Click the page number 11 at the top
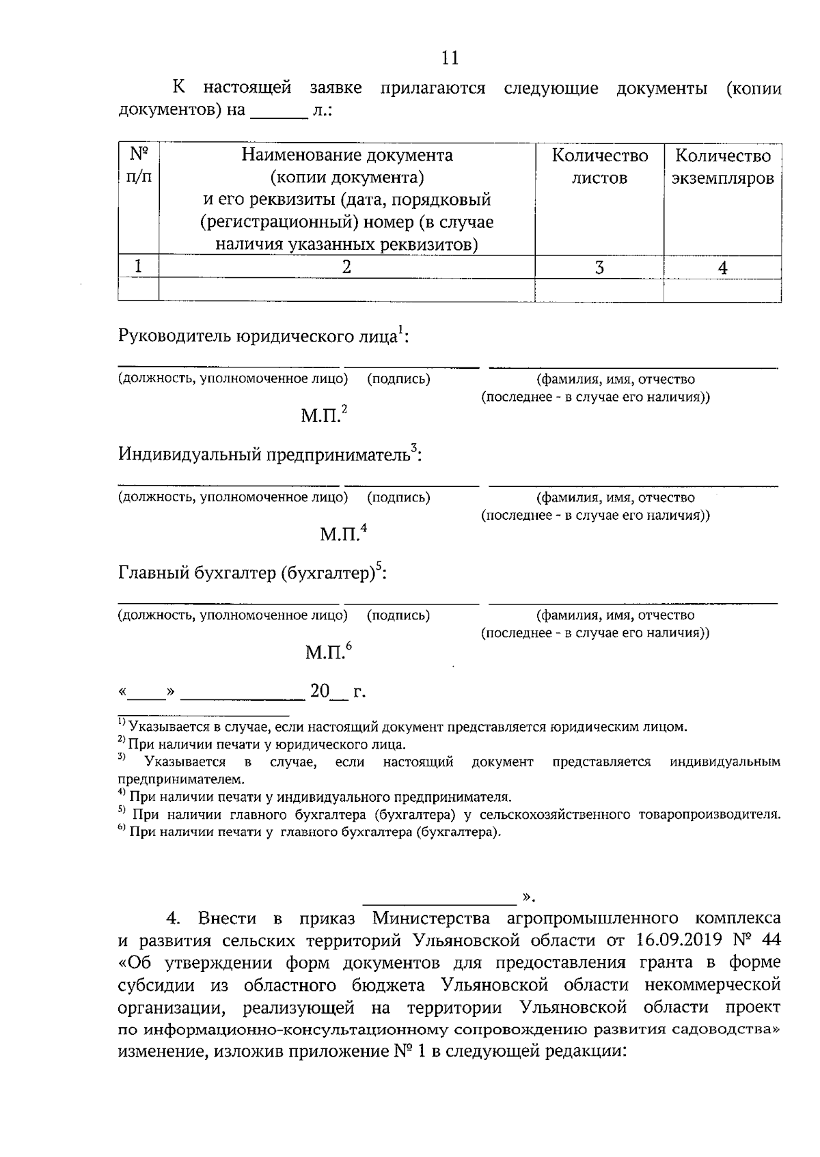pos(450,58)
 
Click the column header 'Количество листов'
pos(599,167)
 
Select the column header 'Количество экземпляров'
pos(722,167)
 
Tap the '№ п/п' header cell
pos(139,166)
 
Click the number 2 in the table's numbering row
pos(346,268)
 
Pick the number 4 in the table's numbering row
pos(722,268)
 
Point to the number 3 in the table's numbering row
pos(599,268)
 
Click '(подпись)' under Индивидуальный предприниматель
pos(398,497)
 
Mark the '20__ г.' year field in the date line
pos(338,692)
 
